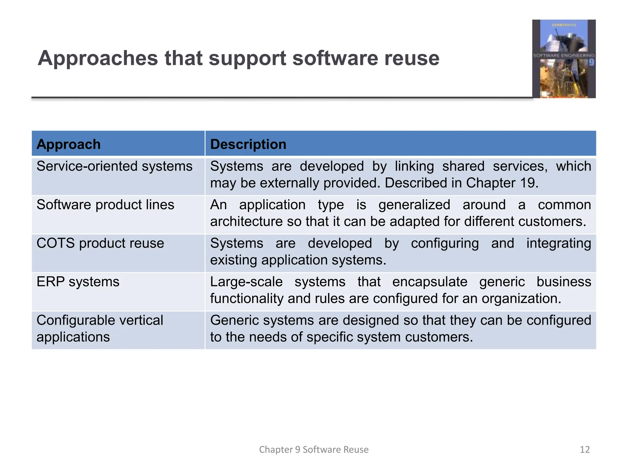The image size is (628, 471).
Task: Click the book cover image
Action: pyautogui.click(x=564, y=59)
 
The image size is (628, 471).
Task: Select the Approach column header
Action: pyautogui.click(x=68, y=144)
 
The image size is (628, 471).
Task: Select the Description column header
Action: pyautogui.click(x=248, y=144)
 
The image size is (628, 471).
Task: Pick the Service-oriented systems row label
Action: pyautogui.click(x=114, y=167)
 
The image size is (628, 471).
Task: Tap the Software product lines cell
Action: pyautogui.click(x=105, y=205)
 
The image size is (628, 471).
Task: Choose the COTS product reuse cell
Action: pyautogui.click(x=100, y=243)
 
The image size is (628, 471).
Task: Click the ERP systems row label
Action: pyautogui.click(x=78, y=282)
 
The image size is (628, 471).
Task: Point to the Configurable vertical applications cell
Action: pyautogui.click(x=100, y=328)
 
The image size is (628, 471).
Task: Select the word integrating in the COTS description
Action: pyautogui.click(x=559, y=243)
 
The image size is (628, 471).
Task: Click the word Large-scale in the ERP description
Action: pyautogui.click(x=246, y=282)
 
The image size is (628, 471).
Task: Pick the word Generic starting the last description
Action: pyautogui.click(x=235, y=320)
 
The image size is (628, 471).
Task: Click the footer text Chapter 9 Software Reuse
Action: pyautogui.click(x=314, y=450)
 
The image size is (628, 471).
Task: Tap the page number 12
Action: pyautogui.click(x=585, y=450)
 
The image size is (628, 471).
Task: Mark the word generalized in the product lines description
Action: pyautogui.click(x=414, y=205)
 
